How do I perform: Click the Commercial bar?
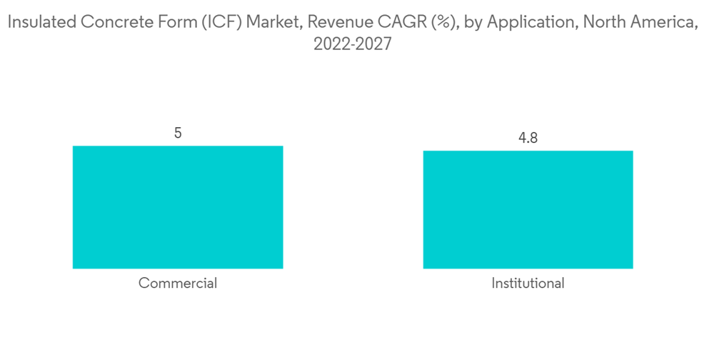click(178, 207)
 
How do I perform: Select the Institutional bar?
click(528, 209)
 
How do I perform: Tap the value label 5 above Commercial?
click(178, 133)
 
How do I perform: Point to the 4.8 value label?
click(528, 138)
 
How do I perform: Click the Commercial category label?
click(178, 283)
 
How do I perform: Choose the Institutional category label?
click(528, 283)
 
